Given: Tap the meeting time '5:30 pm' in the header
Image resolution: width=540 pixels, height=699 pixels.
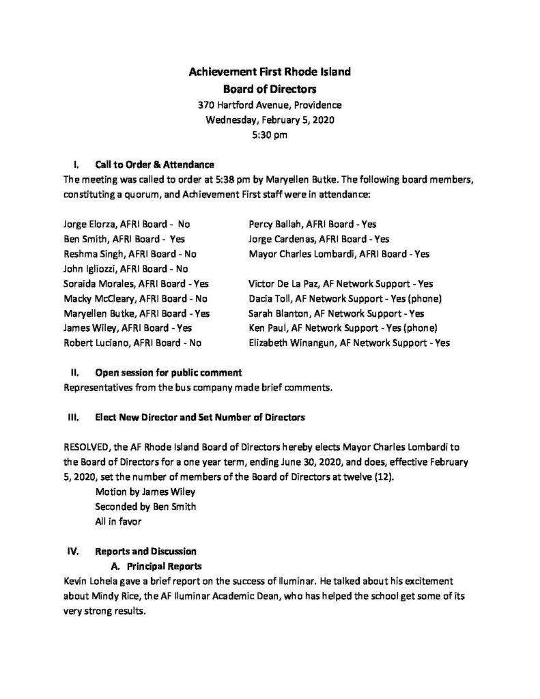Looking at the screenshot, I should point(270,134).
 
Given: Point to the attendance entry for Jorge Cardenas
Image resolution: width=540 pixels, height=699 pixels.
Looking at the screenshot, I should point(319,239).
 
